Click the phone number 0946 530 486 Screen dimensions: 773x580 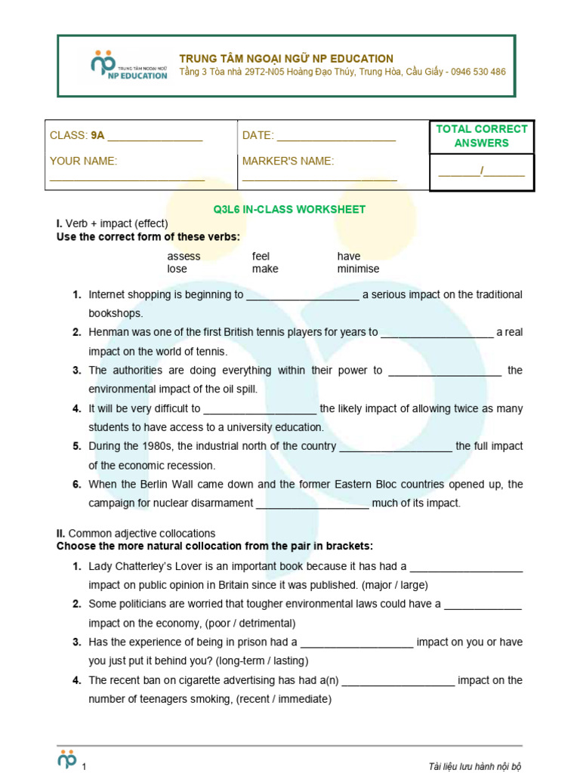(x=479, y=72)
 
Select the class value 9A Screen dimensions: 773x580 (x=97, y=136)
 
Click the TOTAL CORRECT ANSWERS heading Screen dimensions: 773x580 (x=481, y=136)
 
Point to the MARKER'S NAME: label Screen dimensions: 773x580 (x=288, y=161)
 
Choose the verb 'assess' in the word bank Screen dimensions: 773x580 (x=184, y=256)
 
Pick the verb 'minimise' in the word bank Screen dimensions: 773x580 (x=358, y=269)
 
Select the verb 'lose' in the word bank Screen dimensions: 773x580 (x=177, y=269)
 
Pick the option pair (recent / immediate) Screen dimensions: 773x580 (x=285, y=699)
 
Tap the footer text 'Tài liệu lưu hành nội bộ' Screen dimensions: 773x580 (x=474, y=766)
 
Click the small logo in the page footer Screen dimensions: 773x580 (x=68, y=759)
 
